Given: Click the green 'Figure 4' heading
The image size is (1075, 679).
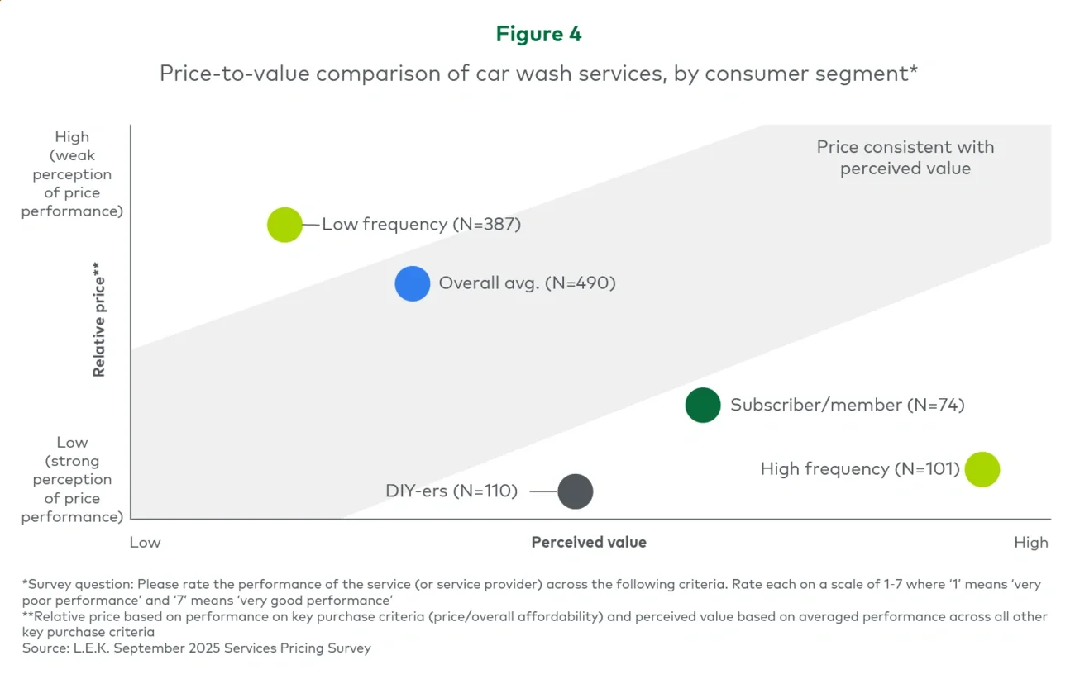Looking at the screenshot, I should point(538,34).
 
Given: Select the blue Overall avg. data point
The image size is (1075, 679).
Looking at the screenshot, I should point(413,283).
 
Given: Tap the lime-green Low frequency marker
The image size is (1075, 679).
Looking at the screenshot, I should point(285,225).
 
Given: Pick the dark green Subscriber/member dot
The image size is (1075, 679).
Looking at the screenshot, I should point(703,405).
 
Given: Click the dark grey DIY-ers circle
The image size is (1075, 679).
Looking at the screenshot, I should point(576,491).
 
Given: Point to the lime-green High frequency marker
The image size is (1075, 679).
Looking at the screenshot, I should point(982,469).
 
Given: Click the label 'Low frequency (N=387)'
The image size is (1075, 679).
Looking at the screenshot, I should point(421,224).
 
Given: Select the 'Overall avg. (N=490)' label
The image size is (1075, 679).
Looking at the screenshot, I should point(527,283).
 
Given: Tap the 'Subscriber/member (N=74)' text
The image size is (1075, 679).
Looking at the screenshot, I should point(847,405).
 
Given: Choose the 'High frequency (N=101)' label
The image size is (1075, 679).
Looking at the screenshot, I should point(860,469).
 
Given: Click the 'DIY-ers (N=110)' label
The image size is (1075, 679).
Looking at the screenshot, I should point(451,491).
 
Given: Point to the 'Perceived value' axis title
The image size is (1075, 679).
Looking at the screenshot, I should point(589,543).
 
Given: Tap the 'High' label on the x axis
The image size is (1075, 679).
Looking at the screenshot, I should point(1030,543).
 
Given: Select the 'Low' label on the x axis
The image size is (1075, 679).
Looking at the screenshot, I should point(146,543).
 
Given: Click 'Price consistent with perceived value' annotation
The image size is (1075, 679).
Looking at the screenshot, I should point(905,158).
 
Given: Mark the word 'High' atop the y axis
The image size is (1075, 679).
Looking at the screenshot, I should point(72,137).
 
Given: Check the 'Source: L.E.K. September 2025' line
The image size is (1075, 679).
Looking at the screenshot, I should point(197,648).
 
